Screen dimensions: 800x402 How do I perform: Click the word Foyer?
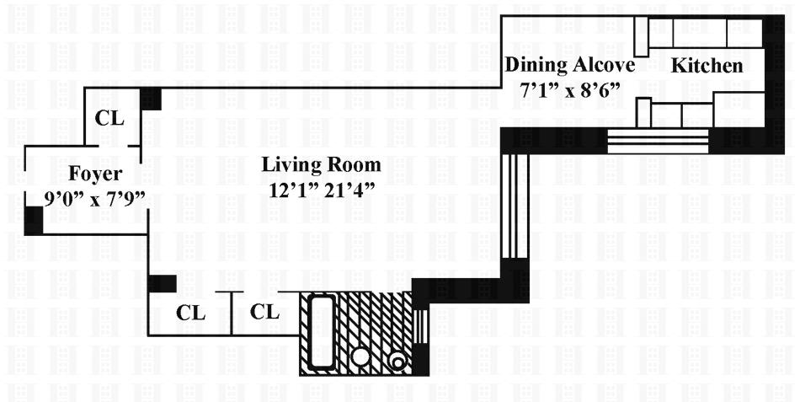pos(95,174)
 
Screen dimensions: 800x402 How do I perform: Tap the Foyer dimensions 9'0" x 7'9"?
pos(94,199)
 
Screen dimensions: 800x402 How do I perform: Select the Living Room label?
pos(321,164)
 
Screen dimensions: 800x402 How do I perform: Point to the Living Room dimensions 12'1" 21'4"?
pos(321,190)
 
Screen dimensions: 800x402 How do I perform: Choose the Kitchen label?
pos(707,66)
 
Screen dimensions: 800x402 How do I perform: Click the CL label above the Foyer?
pos(109,119)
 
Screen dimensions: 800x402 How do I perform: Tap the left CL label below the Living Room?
pos(191,312)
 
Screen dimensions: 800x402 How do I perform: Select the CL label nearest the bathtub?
pos(265,312)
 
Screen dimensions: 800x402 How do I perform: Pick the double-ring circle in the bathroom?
pos(397,360)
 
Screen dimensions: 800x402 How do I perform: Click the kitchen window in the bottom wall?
pos(658,140)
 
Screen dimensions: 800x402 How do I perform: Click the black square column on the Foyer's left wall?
pos(33,220)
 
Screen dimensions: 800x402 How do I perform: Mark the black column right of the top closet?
pos(150,98)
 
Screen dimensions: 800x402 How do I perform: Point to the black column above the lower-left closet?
pos(162,283)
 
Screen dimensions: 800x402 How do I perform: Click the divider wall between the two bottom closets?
pos(232,314)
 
